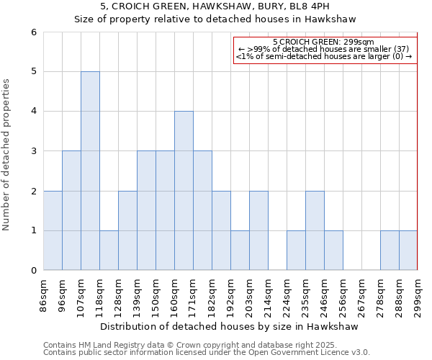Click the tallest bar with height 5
(90, 171)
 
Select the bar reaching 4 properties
(184, 191)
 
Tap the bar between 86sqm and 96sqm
(53, 230)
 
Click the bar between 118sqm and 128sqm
(109, 251)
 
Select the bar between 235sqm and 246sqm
(315, 230)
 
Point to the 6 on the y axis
(33, 32)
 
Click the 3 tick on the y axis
(33, 151)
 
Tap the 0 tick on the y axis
(33, 271)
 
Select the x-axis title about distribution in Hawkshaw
(230, 326)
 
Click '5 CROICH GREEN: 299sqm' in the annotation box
(324, 42)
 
